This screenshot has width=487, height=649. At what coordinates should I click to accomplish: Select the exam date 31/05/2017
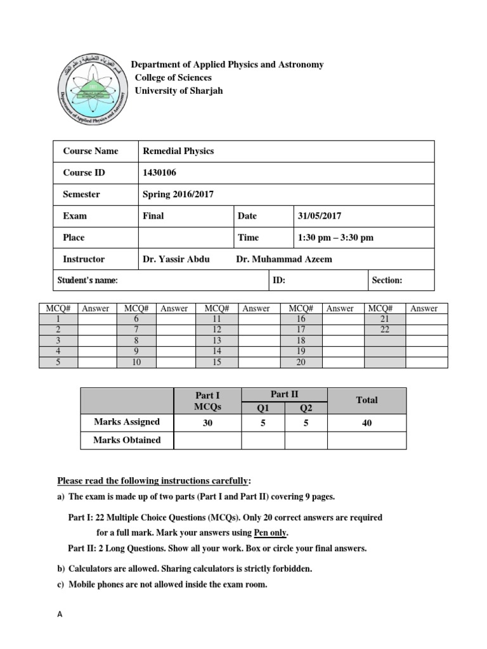pos(320,216)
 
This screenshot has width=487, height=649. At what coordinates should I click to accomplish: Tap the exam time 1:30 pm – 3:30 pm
pos(335,238)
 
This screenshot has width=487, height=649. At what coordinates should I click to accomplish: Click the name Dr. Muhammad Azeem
pos(283,259)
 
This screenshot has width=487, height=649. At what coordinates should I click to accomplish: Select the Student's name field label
pos(88,280)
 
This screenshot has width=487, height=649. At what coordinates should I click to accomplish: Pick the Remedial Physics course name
pos(178,151)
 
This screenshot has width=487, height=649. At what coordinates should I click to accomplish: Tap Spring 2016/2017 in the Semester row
pos(178,195)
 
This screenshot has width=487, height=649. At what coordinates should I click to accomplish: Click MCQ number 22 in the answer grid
pos(385,330)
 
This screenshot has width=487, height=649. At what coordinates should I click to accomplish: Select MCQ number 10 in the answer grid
pos(135,362)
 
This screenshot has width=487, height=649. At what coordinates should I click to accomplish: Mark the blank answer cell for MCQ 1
pos(96,319)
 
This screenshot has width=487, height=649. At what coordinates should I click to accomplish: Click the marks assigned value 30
pos(207,422)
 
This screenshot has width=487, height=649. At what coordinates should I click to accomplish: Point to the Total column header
pos(367,400)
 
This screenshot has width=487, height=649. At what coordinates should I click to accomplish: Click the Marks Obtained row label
pos(127,440)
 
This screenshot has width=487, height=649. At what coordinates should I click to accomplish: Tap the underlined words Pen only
pos(270,533)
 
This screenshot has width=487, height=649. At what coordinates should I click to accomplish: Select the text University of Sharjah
pos(179,91)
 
